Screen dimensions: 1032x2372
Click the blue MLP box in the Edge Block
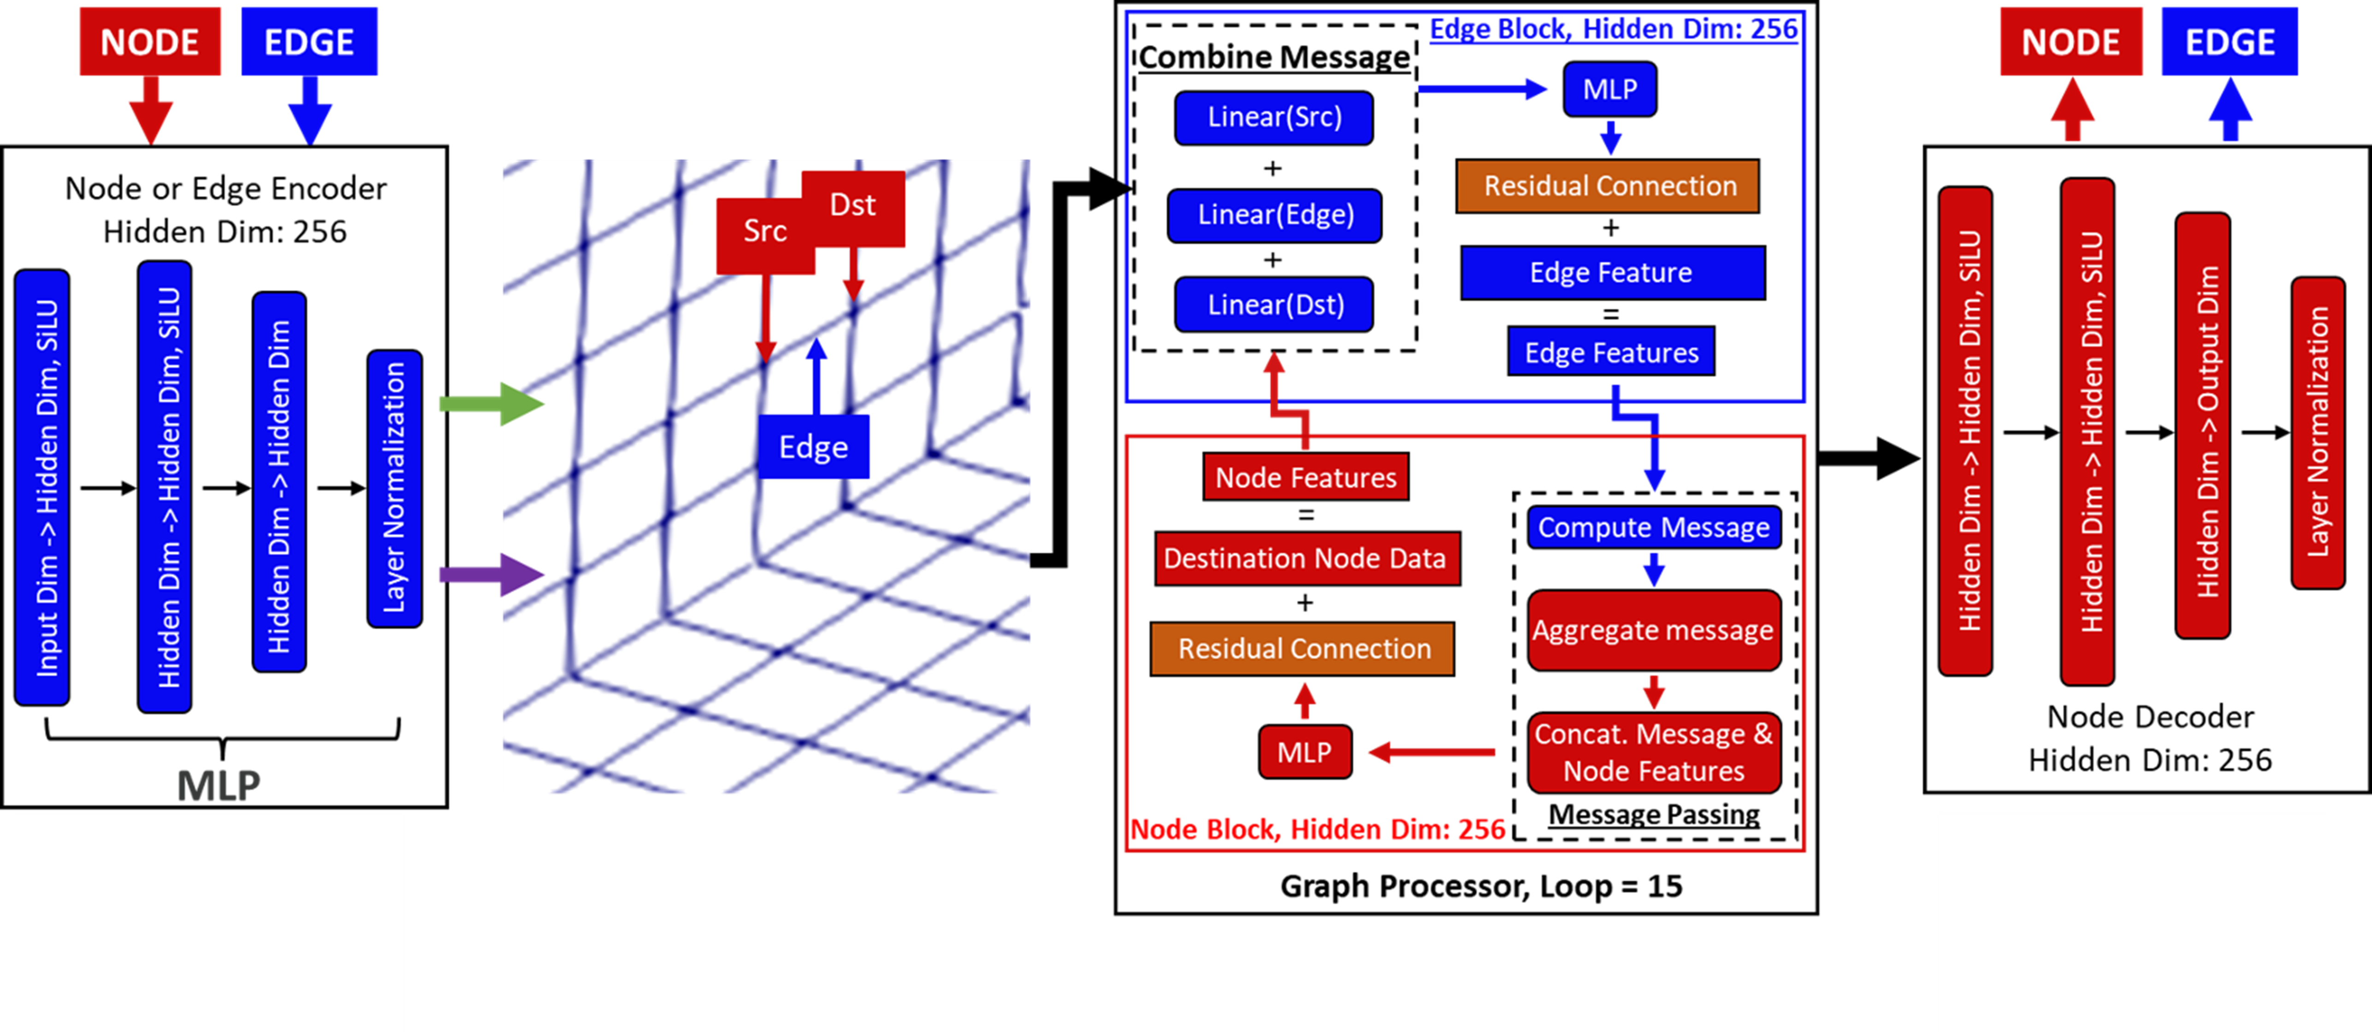(1609, 89)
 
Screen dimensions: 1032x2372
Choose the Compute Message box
(1654, 528)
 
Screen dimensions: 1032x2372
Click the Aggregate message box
(1654, 631)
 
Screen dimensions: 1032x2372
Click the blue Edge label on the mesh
(813, 447)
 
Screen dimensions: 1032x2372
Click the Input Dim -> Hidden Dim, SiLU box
(42, 488)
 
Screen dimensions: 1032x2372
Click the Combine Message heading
(1274, 57)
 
